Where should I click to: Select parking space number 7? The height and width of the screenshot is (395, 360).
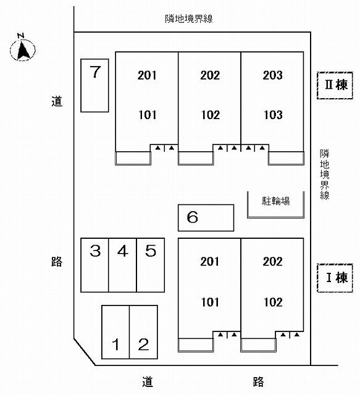[94, 85]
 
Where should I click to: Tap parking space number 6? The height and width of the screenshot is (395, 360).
[206, 218]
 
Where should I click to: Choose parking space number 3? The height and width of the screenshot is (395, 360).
[94, 265]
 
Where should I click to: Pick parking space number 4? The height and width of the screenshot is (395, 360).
[122, 265]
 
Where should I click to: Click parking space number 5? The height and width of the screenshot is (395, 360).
[151, 265]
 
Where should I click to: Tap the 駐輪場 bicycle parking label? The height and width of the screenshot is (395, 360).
[276, 201]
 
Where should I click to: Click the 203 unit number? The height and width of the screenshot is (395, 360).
[272, 76]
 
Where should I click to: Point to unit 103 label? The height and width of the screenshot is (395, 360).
[272, 115]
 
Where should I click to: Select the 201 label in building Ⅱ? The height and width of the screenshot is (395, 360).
[147, 76]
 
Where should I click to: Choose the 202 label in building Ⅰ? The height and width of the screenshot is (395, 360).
[272, 262]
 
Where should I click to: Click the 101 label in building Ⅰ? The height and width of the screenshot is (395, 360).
[210, 302]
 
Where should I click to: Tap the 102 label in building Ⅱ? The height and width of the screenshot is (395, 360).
[210, 115]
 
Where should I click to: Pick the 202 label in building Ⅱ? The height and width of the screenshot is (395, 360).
[210, 76]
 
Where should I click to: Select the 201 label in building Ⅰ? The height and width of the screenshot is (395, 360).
[210, 262]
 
